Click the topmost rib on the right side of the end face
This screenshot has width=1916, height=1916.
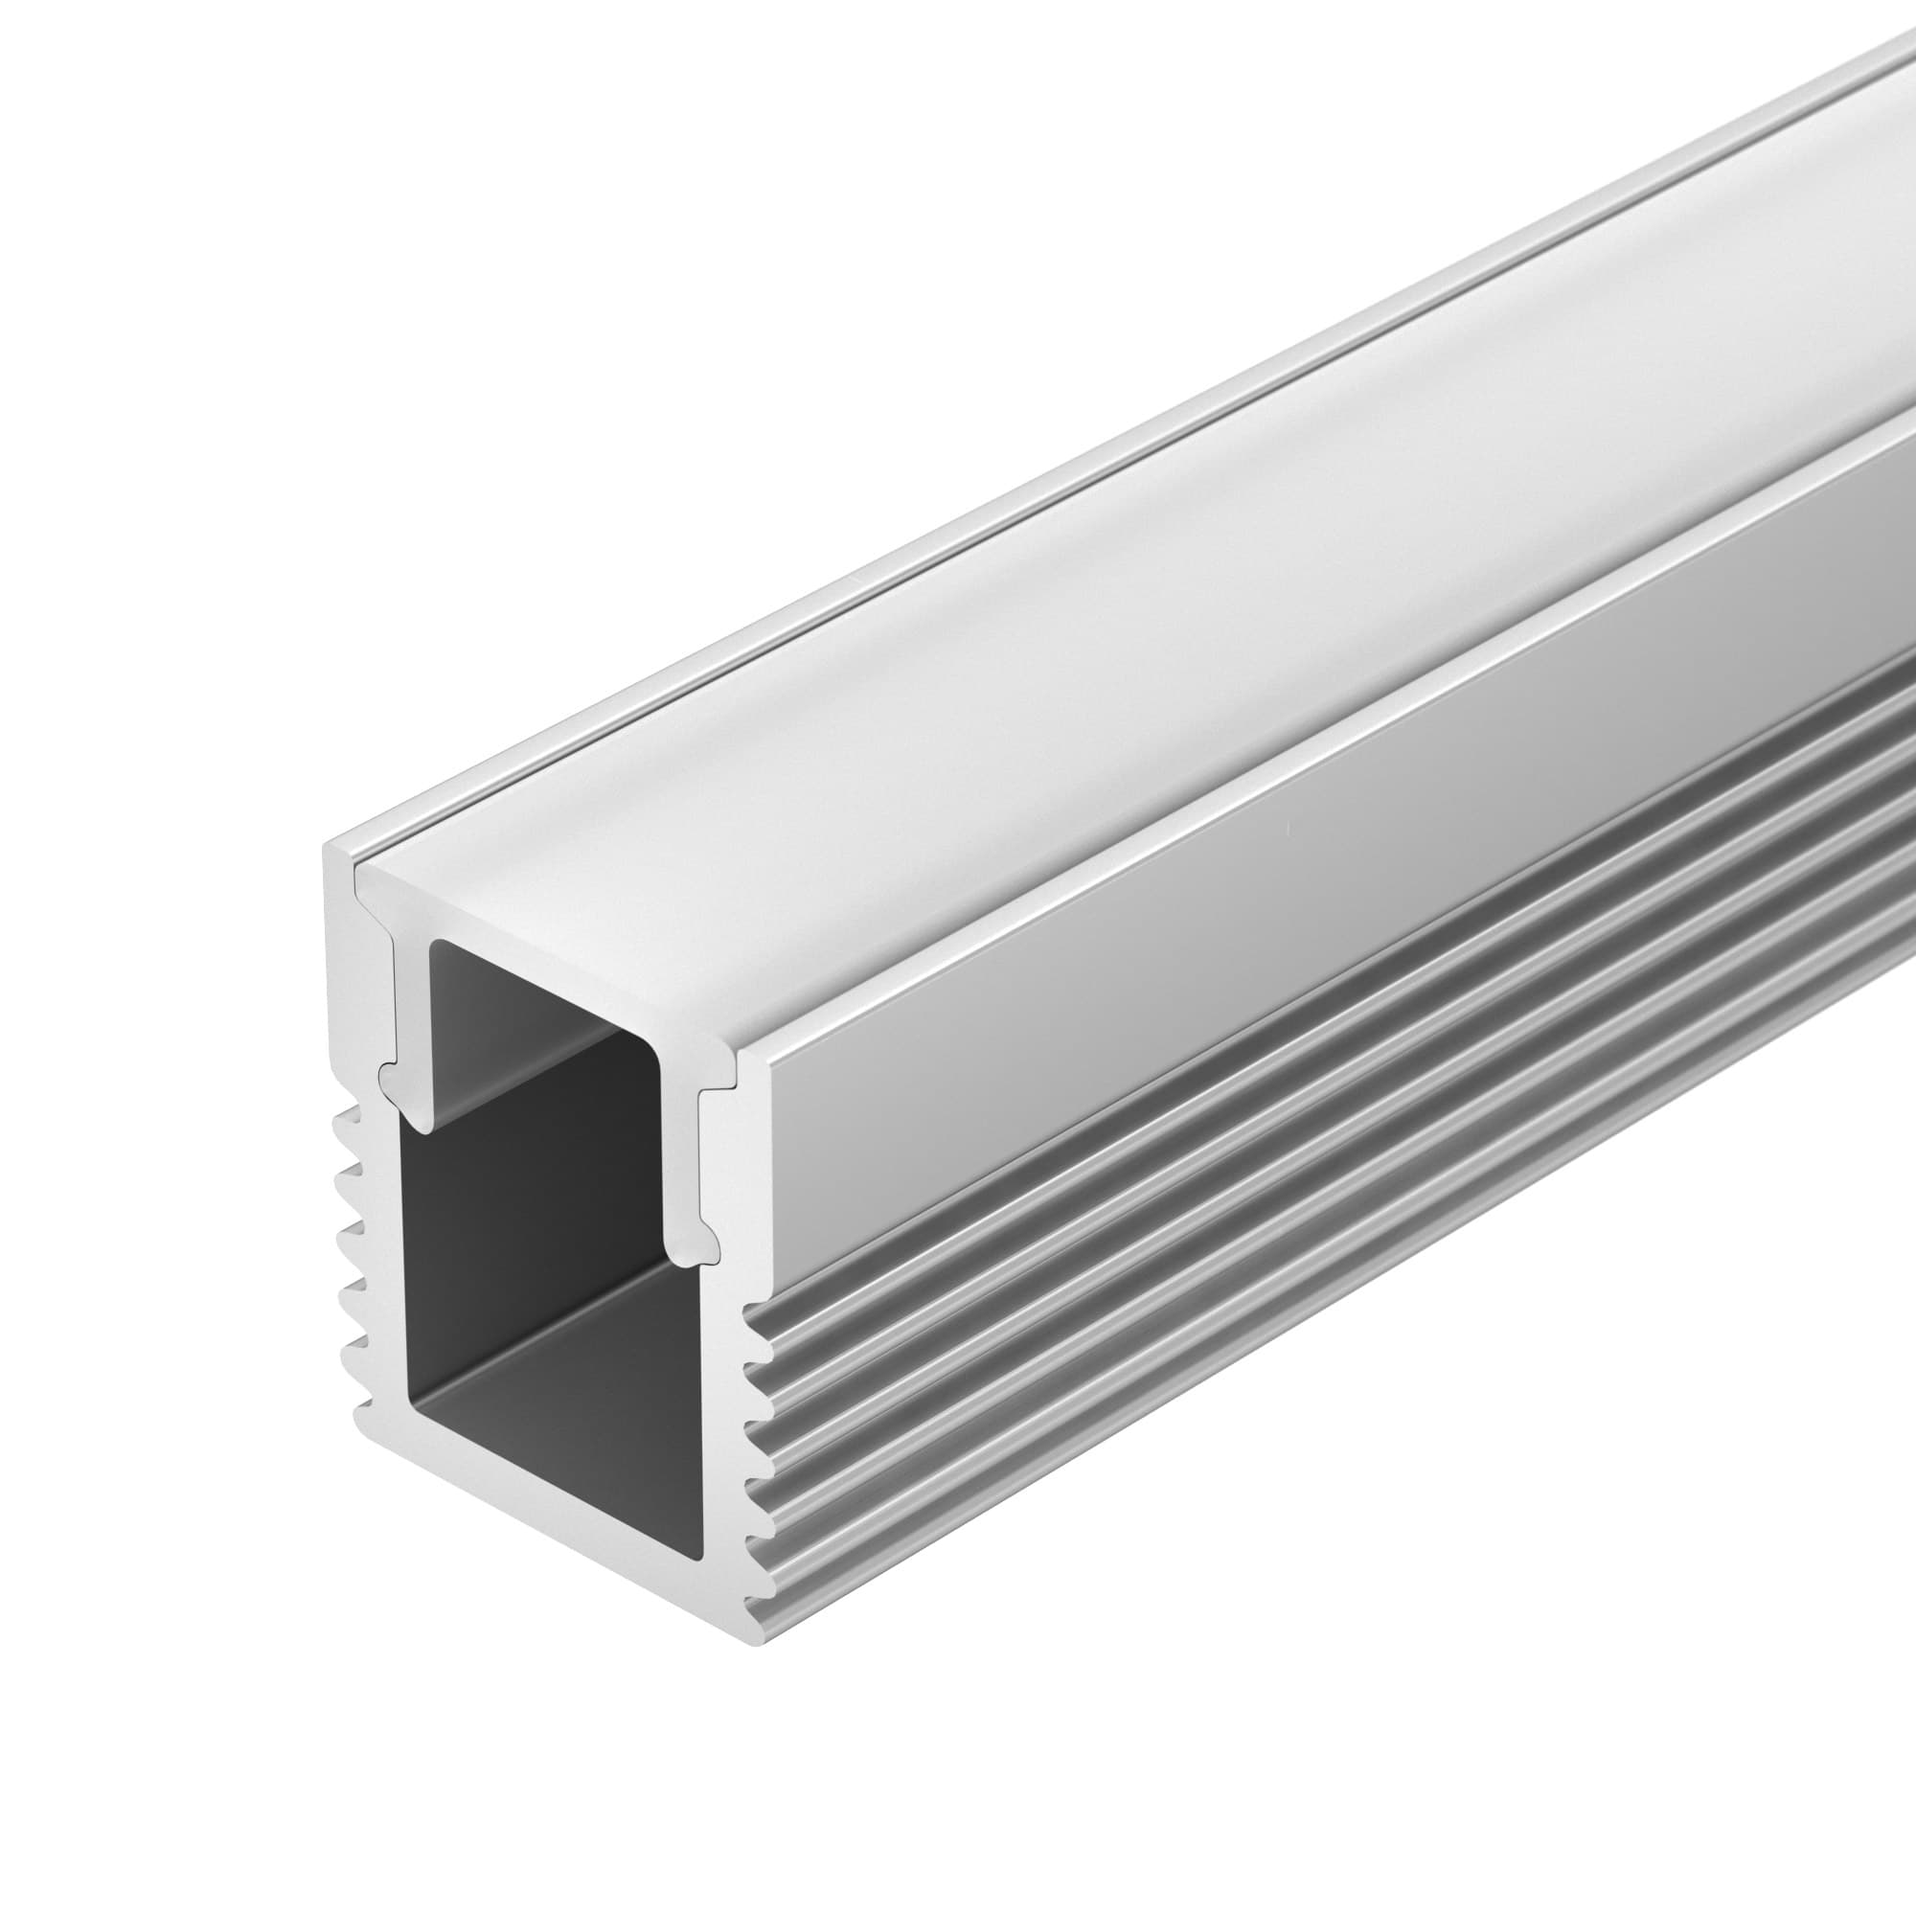tap(758, 1319)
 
